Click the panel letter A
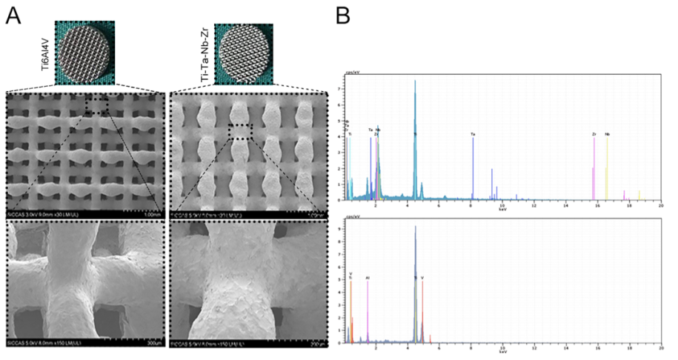pyautogui.click(x=13, y=15)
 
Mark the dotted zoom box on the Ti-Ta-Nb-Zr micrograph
pyautogui.click(x=241, y=132)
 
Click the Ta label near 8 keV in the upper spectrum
pyautogui.click(x=472, y=134)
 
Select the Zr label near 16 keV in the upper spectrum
pyautogui.click(x=594, y=134)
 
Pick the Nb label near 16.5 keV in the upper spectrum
pyautogui.click(x=608, y=134)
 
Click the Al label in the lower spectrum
pyautogui.click(x=368, y=279)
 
